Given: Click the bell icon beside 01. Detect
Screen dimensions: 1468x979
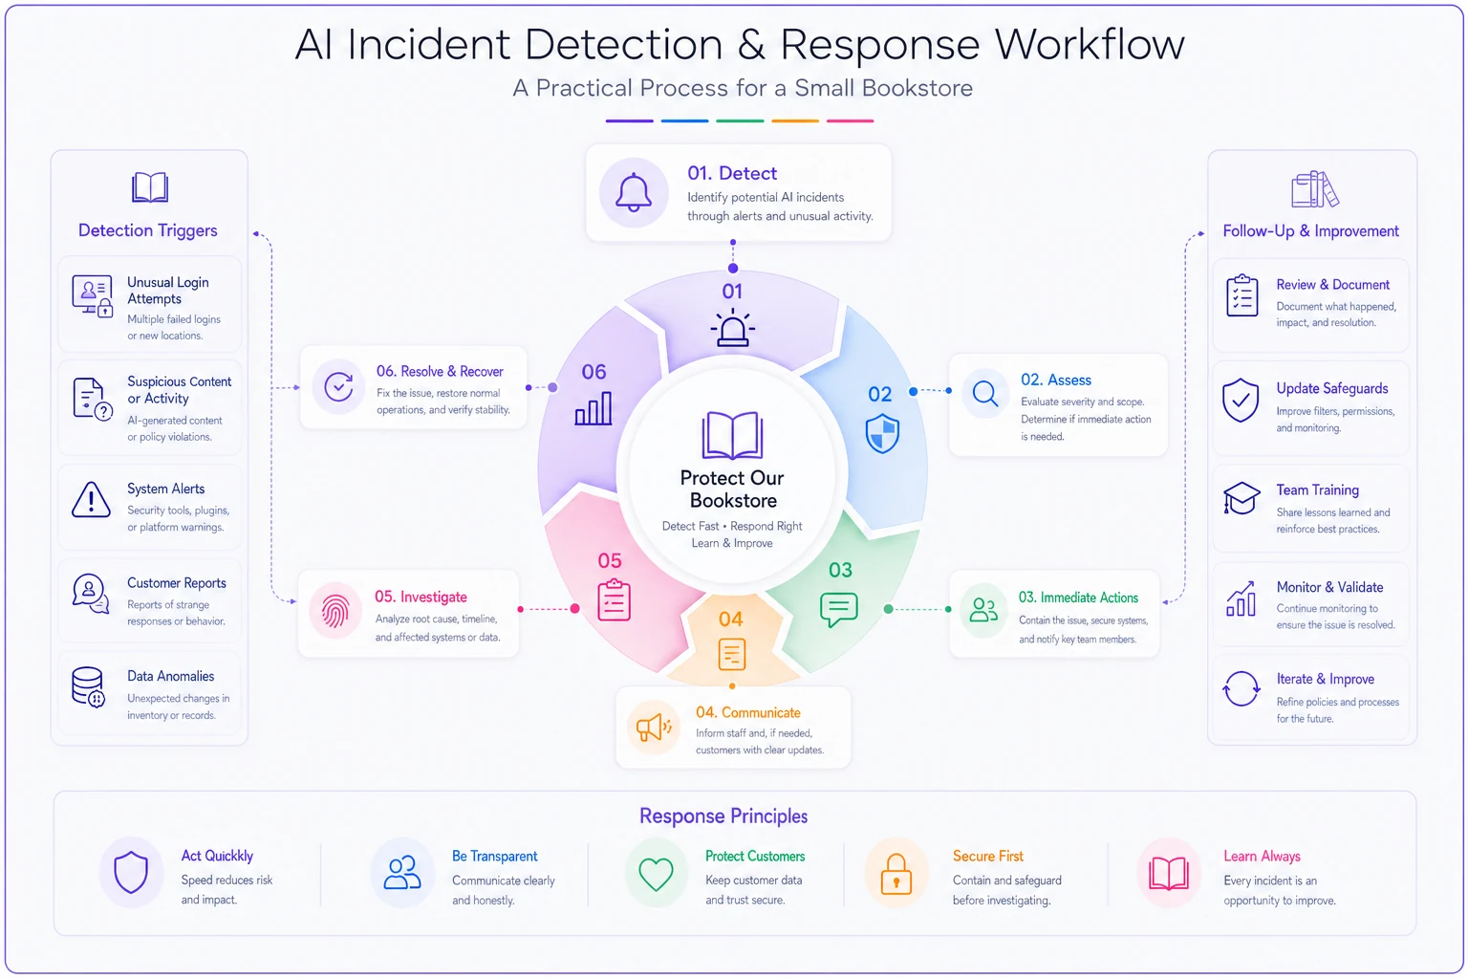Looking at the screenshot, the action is (633, 192).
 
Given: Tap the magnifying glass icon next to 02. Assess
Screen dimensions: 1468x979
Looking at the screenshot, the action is (985, 394).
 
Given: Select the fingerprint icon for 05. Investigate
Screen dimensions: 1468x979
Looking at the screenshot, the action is (335, 611).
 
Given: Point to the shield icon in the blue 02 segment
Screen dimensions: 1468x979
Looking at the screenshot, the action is (882, 433).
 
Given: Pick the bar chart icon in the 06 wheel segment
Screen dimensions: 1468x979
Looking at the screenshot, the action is (594, 408).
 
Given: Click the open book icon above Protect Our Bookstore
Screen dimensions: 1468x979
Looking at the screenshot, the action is (732, 435).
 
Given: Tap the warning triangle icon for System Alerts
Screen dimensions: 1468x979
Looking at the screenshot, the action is (91, 500).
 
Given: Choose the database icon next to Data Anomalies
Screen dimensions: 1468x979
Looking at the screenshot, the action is (88, 687).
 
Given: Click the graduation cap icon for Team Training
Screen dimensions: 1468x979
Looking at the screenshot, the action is (1241, 498).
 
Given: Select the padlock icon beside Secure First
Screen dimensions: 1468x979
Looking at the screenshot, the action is (896, 874).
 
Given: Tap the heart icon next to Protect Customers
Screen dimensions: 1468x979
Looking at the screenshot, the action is (656, 874).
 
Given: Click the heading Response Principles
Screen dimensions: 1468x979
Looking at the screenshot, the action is (723, 816).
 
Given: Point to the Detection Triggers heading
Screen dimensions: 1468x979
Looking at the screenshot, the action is (147, 230).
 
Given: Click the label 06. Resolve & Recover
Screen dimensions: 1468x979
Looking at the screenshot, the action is (440, 371).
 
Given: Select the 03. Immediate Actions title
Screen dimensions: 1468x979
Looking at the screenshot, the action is (1078, 598).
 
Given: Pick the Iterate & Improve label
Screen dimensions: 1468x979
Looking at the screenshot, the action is (1326, 679).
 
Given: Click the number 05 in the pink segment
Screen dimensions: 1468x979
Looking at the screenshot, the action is (610, 560).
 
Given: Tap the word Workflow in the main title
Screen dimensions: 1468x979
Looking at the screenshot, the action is (1090, 45).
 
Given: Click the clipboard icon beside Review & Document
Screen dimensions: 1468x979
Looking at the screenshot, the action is (1241, 295).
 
